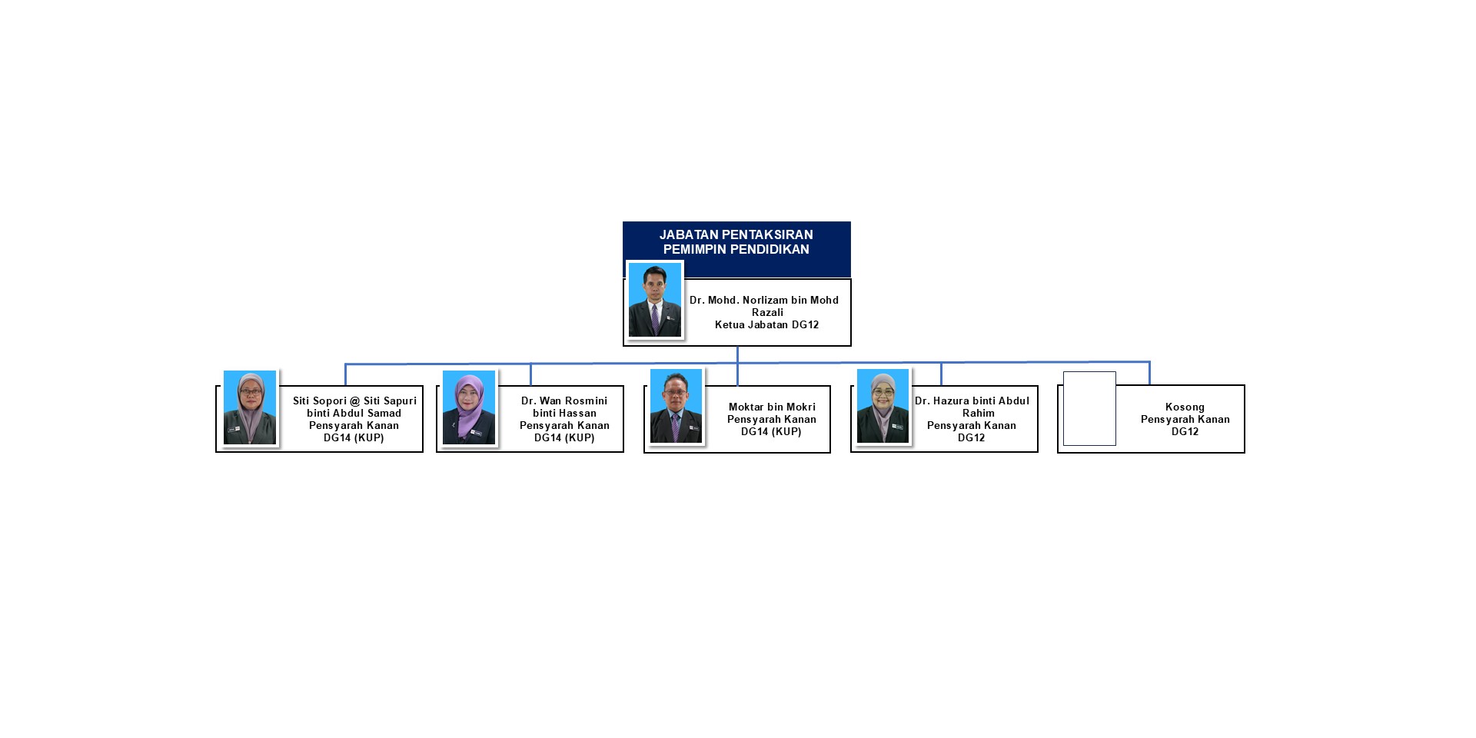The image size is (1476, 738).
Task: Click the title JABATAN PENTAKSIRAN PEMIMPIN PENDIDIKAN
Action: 736,242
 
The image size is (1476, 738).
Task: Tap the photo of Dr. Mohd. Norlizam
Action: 655,300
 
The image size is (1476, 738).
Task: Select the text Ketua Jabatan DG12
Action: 766,325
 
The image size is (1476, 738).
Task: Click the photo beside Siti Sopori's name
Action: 250,407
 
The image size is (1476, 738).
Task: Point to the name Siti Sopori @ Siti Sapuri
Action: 354,401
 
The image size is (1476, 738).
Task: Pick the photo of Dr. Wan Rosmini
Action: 469,407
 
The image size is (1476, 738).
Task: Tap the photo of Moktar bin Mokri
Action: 676,406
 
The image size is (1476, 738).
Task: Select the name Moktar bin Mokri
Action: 772,407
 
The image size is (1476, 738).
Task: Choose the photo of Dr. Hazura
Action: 883,406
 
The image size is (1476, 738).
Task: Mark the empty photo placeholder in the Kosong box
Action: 1089,408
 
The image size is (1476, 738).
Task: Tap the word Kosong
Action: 1185,407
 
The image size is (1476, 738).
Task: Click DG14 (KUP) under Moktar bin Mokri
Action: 771,432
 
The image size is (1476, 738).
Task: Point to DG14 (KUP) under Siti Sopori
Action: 354,438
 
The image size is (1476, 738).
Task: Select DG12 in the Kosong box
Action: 1185,432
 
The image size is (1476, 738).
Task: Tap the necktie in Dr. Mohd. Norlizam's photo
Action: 655,318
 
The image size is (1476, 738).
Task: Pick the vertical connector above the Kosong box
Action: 1149,374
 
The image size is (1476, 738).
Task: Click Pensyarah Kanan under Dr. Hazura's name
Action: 971,426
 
